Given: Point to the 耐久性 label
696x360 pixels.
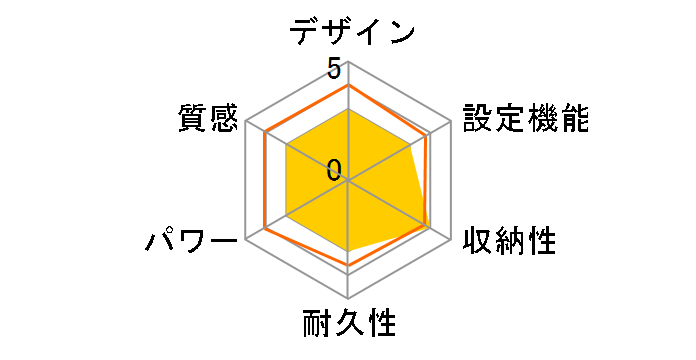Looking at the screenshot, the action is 349,325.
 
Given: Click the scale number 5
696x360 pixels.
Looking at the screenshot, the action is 334,70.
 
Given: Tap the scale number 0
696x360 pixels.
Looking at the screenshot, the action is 334,168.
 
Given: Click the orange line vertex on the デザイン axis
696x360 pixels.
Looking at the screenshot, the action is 348,86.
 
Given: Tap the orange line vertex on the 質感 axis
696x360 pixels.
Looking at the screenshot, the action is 265,133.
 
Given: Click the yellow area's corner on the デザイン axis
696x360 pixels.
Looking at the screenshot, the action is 348,110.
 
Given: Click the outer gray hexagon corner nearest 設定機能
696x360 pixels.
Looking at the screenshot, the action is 450,123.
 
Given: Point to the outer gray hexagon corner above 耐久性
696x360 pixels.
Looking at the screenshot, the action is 348,299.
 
